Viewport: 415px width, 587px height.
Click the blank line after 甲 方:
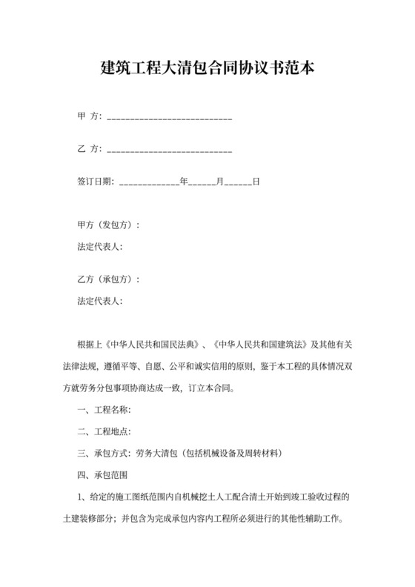170,118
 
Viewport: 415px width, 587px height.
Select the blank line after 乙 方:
170,150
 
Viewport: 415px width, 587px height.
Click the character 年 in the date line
184,181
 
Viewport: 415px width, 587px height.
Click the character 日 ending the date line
256,181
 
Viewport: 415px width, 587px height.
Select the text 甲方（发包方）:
108,225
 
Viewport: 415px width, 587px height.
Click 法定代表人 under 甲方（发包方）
99,246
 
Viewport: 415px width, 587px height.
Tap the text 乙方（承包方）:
108,280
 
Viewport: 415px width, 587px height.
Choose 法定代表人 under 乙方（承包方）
99,301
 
